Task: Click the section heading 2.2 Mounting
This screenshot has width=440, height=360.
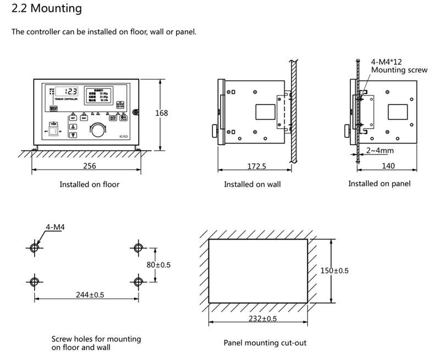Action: [47, 9]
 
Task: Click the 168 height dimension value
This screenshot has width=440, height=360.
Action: [162, 113]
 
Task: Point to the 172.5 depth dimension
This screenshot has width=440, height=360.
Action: [253, 165]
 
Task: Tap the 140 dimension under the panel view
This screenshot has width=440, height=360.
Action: [389, 165]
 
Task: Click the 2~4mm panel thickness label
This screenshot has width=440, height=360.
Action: [379, 149]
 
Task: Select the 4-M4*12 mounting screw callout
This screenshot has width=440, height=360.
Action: [392, 67]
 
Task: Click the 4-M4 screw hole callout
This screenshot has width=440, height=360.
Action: [54, 226]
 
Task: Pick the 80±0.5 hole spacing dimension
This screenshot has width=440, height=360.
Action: [158, 264]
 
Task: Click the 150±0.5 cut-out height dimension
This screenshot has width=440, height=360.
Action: [334, 270]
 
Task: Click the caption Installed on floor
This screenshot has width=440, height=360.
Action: [89, 185]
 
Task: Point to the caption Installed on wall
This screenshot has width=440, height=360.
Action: [252, 185]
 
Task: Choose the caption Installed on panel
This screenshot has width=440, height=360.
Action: [379, 184]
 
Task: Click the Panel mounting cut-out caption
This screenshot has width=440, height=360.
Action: [265, 343]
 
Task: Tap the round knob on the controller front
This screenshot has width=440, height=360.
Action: [97, 130]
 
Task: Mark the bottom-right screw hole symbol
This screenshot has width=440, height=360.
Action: [139, 281]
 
